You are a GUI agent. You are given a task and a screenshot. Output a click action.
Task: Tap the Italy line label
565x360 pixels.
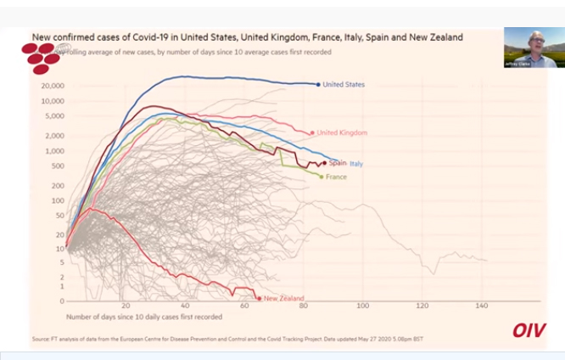pyautogui.click(x=357, y=163)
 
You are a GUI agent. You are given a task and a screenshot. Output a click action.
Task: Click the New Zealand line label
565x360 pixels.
pyautogui.click(x=284, y=298)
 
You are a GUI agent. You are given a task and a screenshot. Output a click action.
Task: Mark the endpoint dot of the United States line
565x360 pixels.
pyautogui.click(x=318, y=84)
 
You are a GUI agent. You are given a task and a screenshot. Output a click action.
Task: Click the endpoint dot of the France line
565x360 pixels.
pyautogui.click(x=322, y=177)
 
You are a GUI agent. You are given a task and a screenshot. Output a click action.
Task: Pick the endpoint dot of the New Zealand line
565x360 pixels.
pyautogui.click(x=259, y=298)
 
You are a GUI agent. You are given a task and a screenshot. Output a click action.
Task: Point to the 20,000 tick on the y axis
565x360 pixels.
pyautogui.click(x=53, y=86)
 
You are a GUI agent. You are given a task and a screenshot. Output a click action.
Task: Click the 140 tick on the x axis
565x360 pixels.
pyautogui.click(x=483, y=306)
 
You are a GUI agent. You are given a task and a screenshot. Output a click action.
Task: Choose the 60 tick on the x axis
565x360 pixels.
pyautogui.click(x=244, y=306)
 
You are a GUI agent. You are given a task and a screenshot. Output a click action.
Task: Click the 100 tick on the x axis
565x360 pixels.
pyautogui.click(x=363, y=306)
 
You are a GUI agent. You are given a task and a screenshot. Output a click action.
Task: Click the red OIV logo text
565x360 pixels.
pyautogui.click(x=529, y=329)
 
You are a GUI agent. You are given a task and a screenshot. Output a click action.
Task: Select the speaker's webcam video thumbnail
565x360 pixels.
pyautogui.click(x=530, y=47)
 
